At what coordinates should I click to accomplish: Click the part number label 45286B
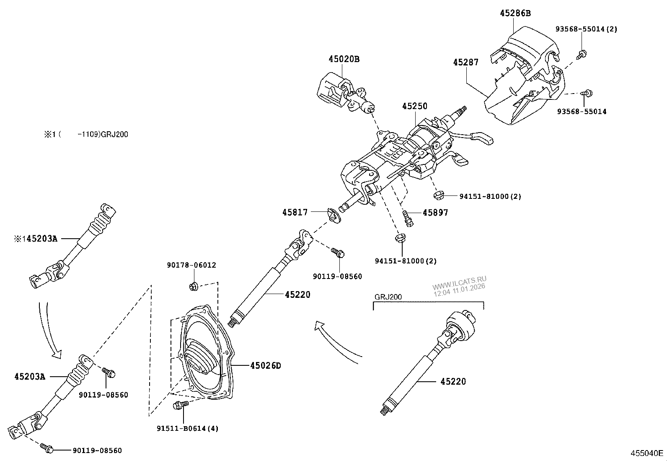pos(515,13)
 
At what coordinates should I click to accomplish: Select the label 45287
pos(465,62)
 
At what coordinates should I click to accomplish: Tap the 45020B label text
pos(344,59)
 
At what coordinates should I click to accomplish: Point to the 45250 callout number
pos(414,106)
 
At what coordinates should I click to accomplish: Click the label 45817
pos(295,212)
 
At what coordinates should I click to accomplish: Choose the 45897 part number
pos(435,213)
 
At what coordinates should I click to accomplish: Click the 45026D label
pos(265,366)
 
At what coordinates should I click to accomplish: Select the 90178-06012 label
pos(191,265)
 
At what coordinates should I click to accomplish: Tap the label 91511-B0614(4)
pos(187,428)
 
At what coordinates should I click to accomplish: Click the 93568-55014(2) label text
pos(586,29)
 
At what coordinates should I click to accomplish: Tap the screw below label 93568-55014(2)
pos(582,53)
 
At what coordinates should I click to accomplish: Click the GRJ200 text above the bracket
pos(388,297)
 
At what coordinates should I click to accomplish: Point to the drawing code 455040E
pos(647,453)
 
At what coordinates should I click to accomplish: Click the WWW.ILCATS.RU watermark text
pos(459,282)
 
